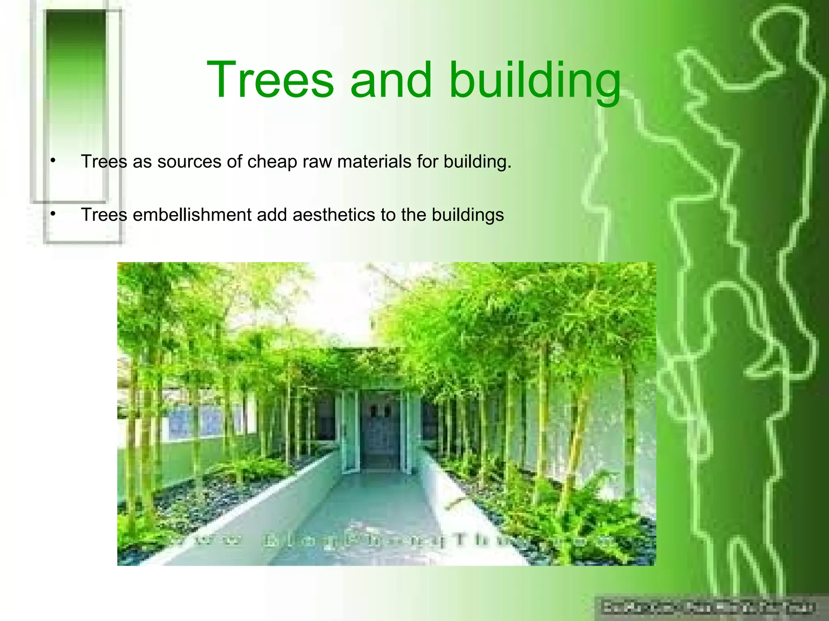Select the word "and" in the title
point(391,80)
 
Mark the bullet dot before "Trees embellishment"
point(52,214)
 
